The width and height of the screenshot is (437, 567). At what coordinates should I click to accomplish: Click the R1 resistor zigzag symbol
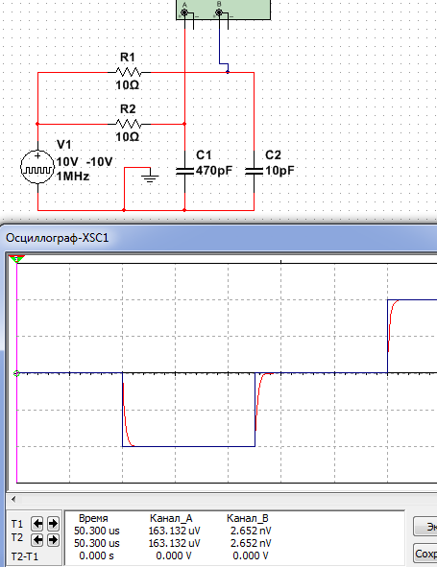pos(129,72)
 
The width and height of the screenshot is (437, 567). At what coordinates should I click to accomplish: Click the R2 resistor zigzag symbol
pos(129,124)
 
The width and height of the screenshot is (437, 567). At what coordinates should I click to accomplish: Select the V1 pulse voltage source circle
pos(37,167)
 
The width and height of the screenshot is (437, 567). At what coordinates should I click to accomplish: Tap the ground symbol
pos(150,177)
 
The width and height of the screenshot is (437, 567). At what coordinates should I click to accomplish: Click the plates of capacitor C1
pos(184,171)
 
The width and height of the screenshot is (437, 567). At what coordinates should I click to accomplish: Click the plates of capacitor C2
pos(254,171)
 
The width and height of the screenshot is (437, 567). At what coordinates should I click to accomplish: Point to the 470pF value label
pos(214,170)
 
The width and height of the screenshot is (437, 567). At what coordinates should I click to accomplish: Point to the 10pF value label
pos(279,170)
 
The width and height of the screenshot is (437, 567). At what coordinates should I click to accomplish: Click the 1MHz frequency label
pos(72,177)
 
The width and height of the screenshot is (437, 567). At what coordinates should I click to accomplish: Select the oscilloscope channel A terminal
pos(184,12)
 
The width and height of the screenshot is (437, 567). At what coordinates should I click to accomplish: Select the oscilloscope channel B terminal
pos(219,12)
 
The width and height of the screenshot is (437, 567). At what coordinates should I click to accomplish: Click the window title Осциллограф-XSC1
pos(58,238)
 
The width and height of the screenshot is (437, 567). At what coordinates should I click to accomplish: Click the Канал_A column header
pos(171,518)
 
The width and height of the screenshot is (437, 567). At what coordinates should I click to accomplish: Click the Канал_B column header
pos(248,518)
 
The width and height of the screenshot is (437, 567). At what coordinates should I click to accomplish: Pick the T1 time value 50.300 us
pos(97,531)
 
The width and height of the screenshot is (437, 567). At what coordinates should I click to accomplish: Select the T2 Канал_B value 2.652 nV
pos(251,543)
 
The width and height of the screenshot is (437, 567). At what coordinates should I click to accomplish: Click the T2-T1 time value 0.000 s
pos(96,555)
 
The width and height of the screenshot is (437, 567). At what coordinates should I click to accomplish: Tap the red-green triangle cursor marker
pos(16,258)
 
